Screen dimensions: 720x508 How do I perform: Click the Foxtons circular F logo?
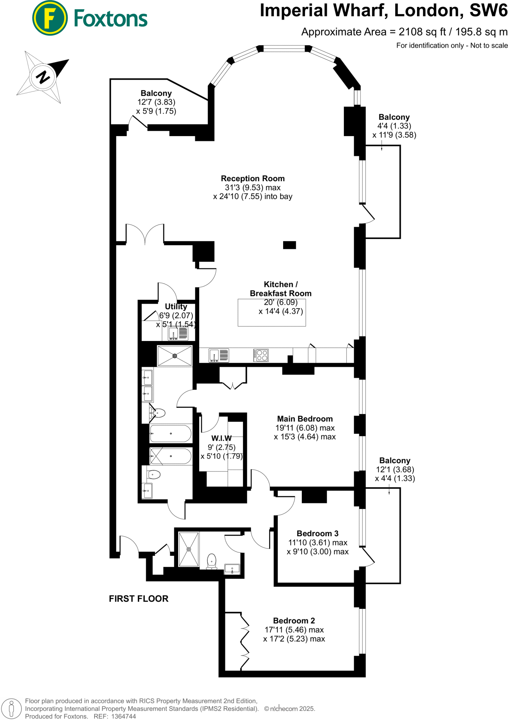point(50,18)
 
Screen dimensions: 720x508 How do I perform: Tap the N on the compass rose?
point(43,76)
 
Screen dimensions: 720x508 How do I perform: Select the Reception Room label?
point(253,179)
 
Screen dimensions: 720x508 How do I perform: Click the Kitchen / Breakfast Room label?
point(280,289)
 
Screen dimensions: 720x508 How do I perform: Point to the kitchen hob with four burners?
point(261,355)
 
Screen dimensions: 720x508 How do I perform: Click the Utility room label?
point(176,307)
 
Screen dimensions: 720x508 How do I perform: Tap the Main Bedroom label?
point(305,419)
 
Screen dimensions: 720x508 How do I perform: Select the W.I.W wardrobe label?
point(221,438)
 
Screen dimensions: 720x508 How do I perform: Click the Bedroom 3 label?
point(317,533)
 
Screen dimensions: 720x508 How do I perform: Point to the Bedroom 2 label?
point(294,621)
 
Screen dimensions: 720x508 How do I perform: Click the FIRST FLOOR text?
point(138,598)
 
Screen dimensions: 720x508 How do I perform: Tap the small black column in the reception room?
point(289,245)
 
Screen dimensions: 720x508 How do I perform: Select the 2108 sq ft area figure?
point(422,32)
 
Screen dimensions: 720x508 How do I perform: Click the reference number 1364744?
point(123,716)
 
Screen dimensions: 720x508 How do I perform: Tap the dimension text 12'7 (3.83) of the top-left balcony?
point(156,102)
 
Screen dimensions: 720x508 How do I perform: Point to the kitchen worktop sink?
point(218,355)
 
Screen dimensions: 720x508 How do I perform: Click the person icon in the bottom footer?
point(12,708)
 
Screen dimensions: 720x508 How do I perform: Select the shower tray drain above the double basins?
point(175,356)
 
